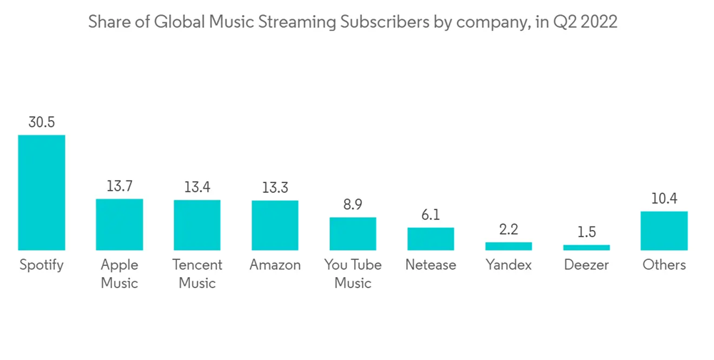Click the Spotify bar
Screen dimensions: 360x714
click(x=41, y=192)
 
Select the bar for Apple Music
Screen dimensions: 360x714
click(x=119, y=224)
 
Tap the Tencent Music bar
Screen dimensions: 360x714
click(x=197, y=225)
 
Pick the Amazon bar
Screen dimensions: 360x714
click(x=275, y=225)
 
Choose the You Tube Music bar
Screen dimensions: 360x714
click(x=353, y=234)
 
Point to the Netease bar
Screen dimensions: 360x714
click(x=431, y=239)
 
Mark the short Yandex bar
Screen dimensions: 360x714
click(x=508, y=246)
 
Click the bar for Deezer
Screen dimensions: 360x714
click(x=586, y=247)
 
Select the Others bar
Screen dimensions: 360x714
click(x=664, y=231)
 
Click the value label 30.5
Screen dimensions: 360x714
click(x=41, y=122)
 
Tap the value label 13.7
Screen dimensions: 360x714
click(x=119, y=186)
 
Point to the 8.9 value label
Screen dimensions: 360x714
click(x=353, y=204)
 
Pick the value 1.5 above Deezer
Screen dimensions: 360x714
click(x=586, y=232)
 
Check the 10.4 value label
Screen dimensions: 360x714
click(x=664, y=199)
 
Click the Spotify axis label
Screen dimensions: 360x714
click(x=41, y=265)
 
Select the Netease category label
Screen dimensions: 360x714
click(x=431, y=265)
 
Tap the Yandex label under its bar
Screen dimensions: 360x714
click(x=508, y=265)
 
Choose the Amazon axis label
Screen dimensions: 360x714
click(x=275, y=265)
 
